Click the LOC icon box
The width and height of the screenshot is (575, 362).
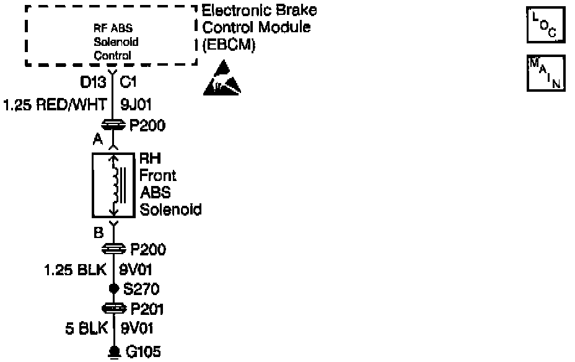546,24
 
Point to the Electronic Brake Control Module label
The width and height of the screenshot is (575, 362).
260,28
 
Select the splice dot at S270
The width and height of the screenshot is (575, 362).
113,289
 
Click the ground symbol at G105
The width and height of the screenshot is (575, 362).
113,351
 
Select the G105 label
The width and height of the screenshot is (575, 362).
144,352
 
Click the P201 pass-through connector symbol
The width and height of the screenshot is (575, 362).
113,309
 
